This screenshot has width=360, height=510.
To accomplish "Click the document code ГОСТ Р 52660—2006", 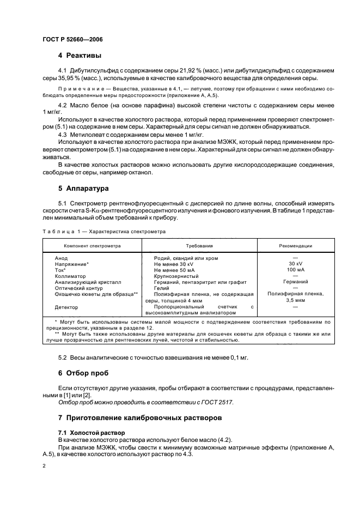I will (x=72, y=39).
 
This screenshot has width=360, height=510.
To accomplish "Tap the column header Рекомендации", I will (x=296, y=246).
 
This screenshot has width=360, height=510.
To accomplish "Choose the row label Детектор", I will (x=68, y=307).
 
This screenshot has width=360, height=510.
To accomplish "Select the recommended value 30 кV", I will (x=296, y=263).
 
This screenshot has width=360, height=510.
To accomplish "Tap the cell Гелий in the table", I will (x=163, y=288).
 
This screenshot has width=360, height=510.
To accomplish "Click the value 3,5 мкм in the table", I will (x=296, y=301).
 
